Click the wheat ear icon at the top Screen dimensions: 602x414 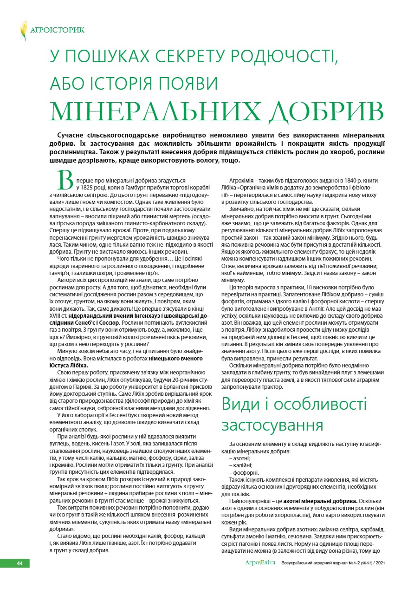pos(24,30)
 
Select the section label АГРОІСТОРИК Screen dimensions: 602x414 pos(57,31)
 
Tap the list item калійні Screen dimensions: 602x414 pos(242,466)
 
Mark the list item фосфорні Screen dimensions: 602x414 pos(244,472)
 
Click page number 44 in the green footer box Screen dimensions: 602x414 pos(20,563)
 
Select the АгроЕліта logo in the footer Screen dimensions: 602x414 pos(260,563)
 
